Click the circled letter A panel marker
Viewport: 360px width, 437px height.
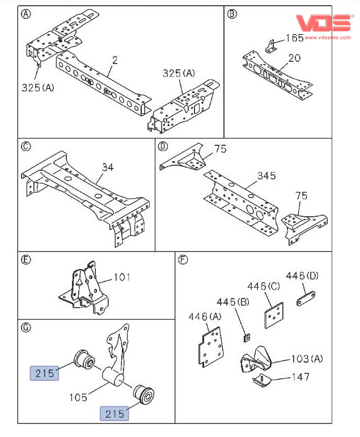tap(26, 14)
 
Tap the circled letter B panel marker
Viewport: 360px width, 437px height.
tap(231, 14)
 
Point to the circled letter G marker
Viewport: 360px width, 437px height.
tap(26, 327)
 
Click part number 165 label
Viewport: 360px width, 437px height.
tap(294, 39)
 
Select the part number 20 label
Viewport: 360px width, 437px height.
tap(294, 57)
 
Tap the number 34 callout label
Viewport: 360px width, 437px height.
tap(108, 167)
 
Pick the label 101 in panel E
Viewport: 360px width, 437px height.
tap(122, 278)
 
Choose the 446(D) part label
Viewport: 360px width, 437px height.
tap(302, 276)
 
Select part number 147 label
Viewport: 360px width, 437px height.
tap(300, 377)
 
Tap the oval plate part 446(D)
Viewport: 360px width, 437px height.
tap(307, 299)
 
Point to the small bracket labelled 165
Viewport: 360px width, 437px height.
tap(272, 45)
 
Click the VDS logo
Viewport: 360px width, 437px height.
tap(325, 22)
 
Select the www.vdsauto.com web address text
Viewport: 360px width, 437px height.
tap(329, 36)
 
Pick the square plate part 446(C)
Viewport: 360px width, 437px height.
tap(273, 316)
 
